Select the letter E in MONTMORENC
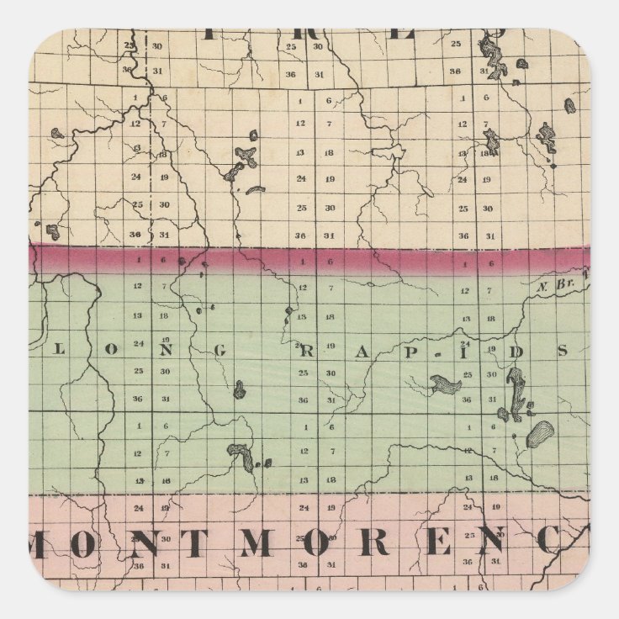click(x=436, y=545)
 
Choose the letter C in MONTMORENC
click(x=553, y=543)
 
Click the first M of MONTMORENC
click(x=61, y=545)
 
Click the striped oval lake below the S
click(x=538, y=434)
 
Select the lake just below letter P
click(x=445, y=385)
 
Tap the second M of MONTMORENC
click(x=255, y=545)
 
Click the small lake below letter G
click(x=239, y=389)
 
